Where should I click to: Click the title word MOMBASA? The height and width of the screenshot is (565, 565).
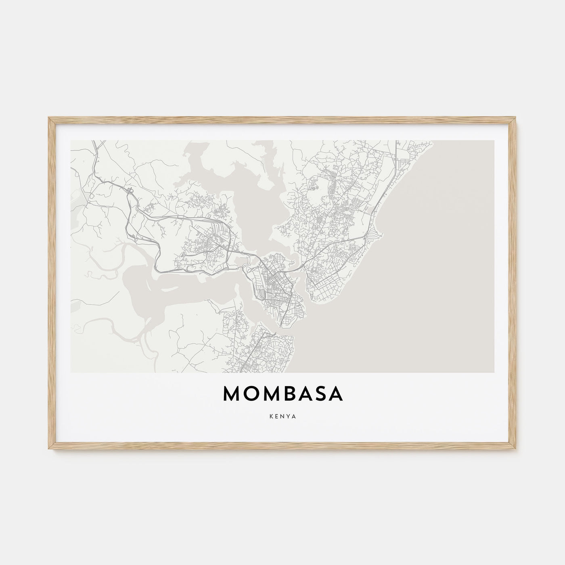pos(282,394)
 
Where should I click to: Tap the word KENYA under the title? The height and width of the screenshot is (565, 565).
pos(282,416)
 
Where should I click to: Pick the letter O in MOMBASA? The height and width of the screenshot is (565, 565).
pos(249,394)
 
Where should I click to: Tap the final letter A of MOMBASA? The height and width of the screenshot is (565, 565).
pos(337,394)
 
